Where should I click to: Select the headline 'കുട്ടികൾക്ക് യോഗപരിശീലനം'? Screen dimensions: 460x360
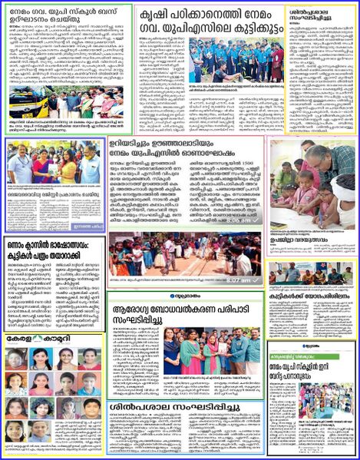pyautogui.click(x=312, y=294)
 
